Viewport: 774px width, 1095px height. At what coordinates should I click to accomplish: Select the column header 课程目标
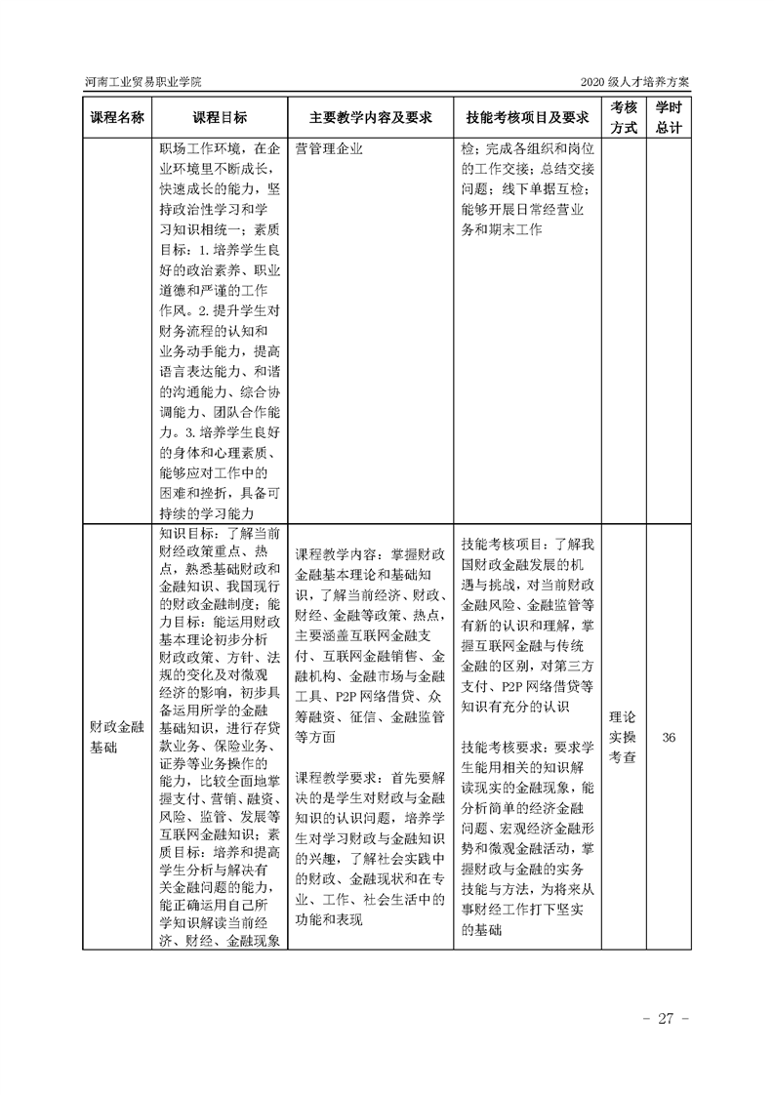pyautogui.click(x=220, y=118)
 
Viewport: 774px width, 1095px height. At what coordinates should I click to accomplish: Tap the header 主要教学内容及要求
pyautogui.click(x=370, y=118)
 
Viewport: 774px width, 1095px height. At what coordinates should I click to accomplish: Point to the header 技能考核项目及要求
pyautogui.click(x=527, y=118)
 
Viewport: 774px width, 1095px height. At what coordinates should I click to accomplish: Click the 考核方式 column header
pyautogui.click(x=624, y=117)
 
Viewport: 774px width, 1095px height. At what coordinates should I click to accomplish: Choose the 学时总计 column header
pyautogui.click(x=669, y=117)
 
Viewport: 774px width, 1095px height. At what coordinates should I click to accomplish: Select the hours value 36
pyautogui.click(x=669, y=738)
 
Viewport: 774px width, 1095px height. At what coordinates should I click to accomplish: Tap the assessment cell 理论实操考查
pyautogui.click(x=624, y=738)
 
